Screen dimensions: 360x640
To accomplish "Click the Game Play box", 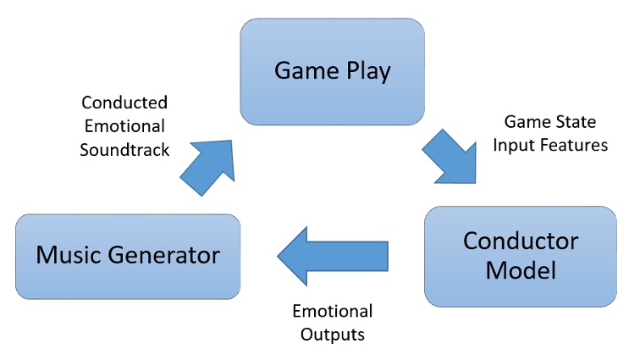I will tap(332, 71).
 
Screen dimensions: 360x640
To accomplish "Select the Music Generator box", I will tap(127, 254).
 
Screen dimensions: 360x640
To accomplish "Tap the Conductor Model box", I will tap(520, 256).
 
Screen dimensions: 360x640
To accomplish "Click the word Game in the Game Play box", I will tap(300, 71).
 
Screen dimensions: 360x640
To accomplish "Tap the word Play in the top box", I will tap(364, 71).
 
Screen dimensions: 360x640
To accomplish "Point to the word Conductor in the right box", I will tap(520, 241).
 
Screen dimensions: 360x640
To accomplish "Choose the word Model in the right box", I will tap(520, 271).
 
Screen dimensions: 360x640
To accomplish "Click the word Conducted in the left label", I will tap(124, 102).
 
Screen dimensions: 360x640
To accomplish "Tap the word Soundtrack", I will tap(124, 150).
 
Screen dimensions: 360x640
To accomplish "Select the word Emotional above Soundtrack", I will tap(124, 126).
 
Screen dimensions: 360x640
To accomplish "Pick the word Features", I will tap(577, 145).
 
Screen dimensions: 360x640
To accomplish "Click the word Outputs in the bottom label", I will tap(332, 334).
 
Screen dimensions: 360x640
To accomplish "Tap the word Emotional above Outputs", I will tap(332, 311).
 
